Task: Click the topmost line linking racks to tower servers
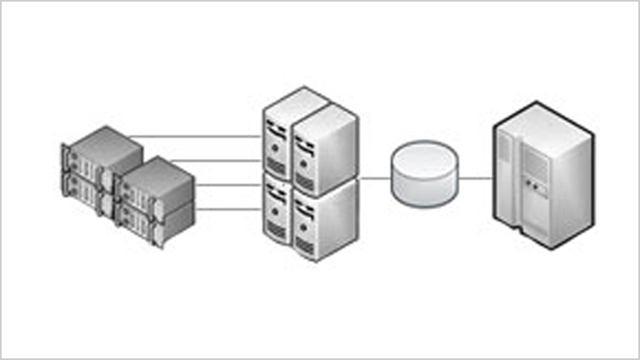[x=197, y=136]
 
